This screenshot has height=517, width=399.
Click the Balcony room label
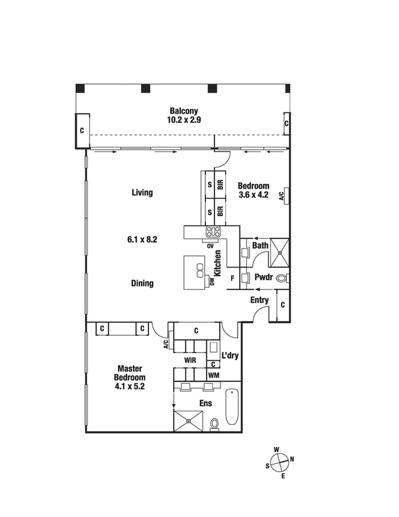184,111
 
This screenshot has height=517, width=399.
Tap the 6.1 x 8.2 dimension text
142,239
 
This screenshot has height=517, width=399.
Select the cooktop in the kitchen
213,231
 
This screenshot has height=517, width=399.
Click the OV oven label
210,246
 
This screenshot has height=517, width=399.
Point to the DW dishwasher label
212,282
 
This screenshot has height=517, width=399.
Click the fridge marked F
233,278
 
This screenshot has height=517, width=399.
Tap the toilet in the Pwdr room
282,278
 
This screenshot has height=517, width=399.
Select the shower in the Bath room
280,253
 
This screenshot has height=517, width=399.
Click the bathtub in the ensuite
232,407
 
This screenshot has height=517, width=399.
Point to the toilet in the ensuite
214,424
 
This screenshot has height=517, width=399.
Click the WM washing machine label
214,376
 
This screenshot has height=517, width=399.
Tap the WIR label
190,360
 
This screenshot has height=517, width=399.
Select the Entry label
260,301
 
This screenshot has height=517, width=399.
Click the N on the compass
292,460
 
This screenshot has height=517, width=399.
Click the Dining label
142,283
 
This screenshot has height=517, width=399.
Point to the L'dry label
230,355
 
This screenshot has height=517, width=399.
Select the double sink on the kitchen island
200,270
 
